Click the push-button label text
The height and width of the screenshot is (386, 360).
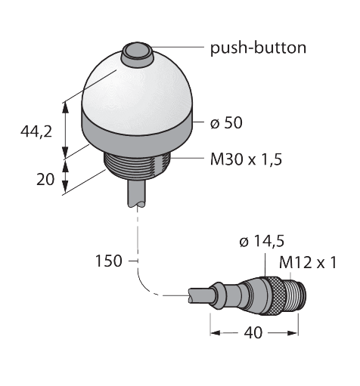click(x=258, y=48)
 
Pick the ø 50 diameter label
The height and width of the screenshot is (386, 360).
click(x=228, y=122)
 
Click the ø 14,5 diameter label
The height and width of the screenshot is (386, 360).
click(x=261, y=242)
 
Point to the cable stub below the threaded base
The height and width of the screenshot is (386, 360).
click(x=137, y=193)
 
